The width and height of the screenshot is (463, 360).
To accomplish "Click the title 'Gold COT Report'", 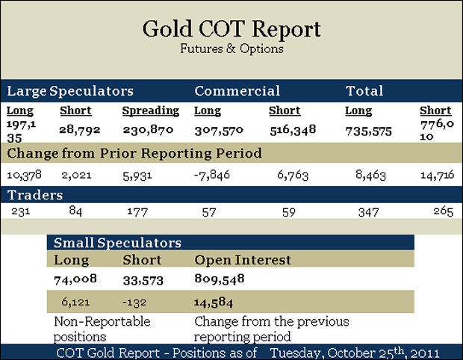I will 232,30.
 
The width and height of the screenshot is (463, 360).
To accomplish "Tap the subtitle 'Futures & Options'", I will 232,49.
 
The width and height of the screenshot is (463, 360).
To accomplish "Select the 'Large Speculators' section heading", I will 70,91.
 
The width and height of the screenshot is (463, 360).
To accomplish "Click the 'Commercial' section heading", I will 237,91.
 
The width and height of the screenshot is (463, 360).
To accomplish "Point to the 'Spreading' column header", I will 151,111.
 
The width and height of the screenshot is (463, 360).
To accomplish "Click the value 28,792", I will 75,129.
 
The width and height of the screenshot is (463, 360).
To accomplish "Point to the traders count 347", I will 368,211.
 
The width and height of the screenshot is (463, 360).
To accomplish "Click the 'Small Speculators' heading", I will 117,243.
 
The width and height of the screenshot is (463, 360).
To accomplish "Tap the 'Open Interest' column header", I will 243,260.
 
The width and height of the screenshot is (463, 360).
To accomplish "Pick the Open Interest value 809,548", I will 220,279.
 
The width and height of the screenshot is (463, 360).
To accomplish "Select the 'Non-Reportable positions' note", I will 102,329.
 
